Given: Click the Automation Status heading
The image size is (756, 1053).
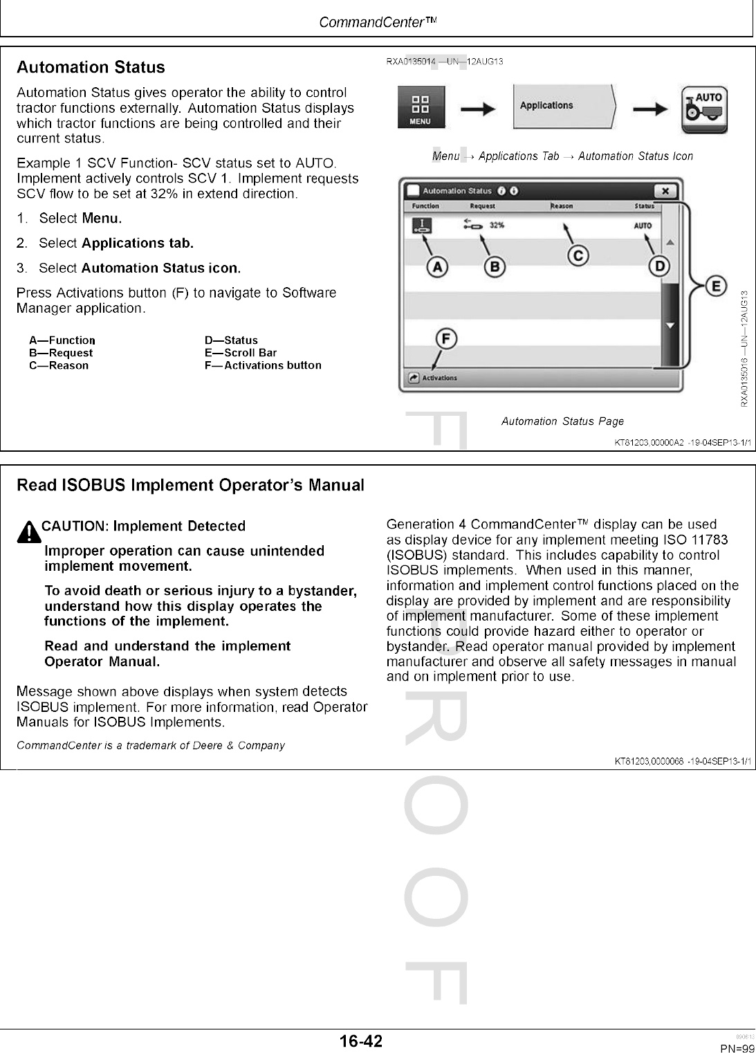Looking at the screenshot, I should tap(91, 68).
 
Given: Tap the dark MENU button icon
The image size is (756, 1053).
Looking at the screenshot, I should tap(421, 107).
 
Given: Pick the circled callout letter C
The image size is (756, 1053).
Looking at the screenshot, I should tap(578, 255).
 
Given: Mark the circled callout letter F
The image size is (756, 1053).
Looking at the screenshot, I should tap(446, 339).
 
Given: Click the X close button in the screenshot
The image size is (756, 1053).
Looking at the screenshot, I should tap(665, 191).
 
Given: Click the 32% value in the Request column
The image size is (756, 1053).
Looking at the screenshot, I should tap(497, 226).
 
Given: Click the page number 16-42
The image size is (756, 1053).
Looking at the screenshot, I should tap(360, 1041).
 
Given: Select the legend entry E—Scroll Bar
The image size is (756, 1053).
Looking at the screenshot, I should tap(240, 353).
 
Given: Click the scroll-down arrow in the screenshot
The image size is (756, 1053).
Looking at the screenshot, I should tap(670, 325).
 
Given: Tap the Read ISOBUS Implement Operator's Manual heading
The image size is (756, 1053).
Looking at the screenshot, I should tap(190, 485).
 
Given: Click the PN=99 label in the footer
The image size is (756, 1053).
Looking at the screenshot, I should tap(737, 1048).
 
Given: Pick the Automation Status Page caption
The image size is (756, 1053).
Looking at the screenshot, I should tap(562, 421).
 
